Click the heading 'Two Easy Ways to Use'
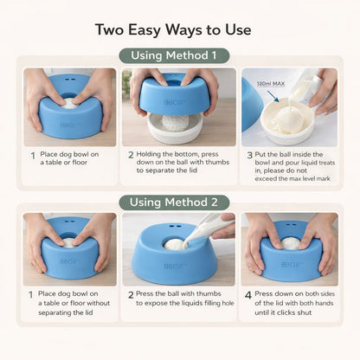point(179,29)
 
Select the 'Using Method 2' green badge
point(179,202)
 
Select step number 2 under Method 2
point(128,295)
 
